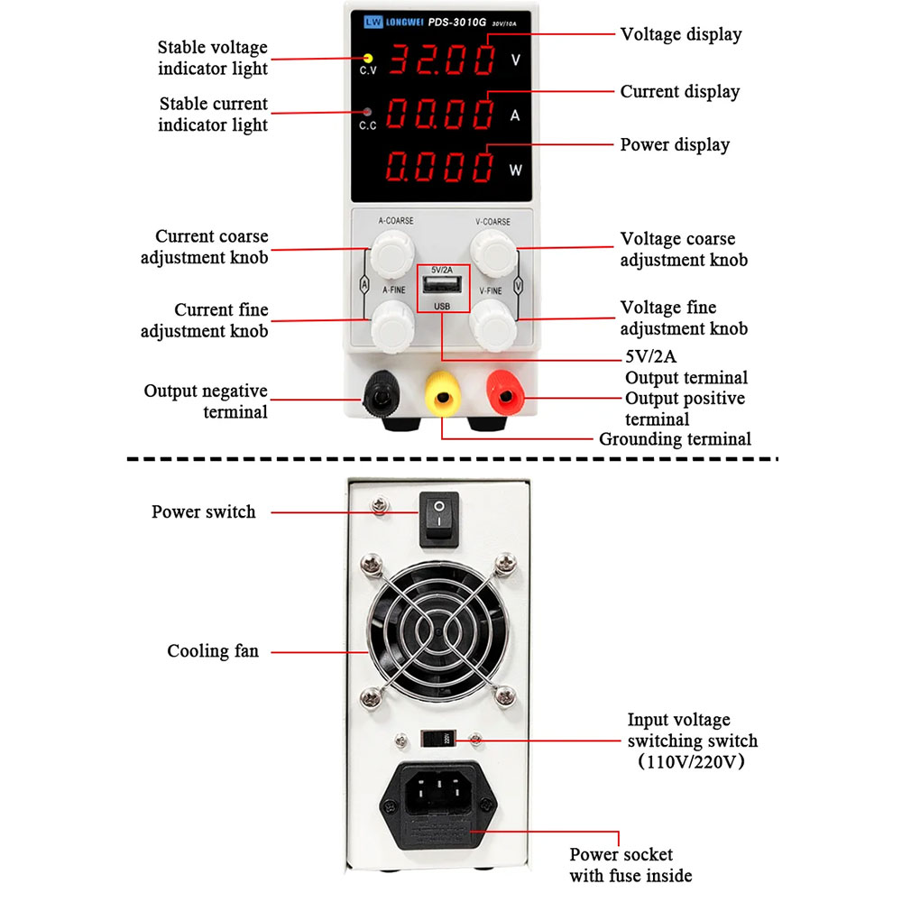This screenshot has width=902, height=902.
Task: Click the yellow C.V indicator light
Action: point(367,58)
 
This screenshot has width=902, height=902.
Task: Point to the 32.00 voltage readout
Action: point(442,60)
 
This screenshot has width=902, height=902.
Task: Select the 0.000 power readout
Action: point(442,167)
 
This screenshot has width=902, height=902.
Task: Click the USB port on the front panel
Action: point(442,288)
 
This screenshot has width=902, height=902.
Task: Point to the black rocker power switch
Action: point(439,517)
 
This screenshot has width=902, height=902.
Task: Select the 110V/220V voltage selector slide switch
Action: point(439,739)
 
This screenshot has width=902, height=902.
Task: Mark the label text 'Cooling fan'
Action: point(213,651)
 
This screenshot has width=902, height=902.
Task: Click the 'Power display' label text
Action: point(675,145)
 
